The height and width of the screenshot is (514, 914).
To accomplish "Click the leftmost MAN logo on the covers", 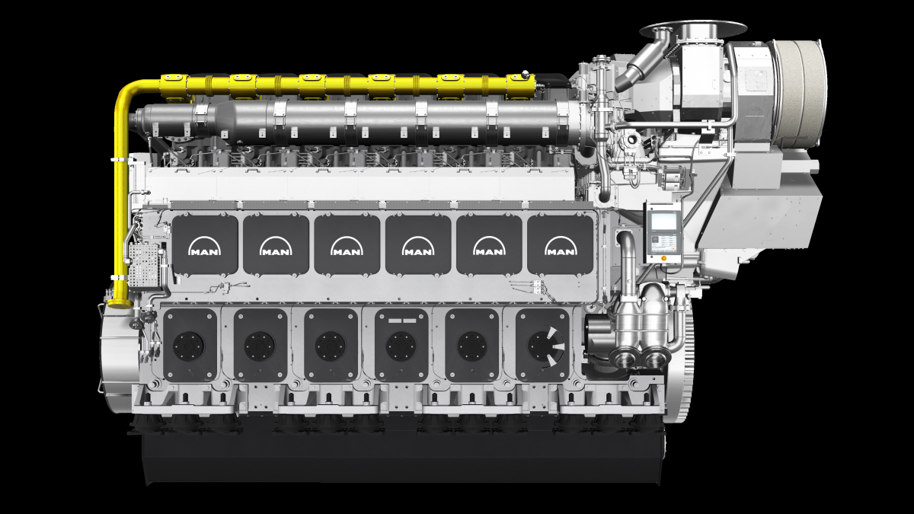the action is (x=205, y=247).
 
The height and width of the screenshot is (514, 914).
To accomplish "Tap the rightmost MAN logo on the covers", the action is (x=561, y=247).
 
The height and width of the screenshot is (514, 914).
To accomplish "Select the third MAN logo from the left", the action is (x=347, y=247).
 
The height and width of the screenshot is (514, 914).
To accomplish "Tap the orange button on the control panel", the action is (x=663, y=258).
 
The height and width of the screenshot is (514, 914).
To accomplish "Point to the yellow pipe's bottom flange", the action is (x=119, y=303).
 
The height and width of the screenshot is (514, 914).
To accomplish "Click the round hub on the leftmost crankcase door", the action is (x=189, y=346).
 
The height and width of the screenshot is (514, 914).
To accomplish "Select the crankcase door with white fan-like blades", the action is (x=542, y=345).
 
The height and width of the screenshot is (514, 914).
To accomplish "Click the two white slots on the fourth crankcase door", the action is (x=402, y=321).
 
